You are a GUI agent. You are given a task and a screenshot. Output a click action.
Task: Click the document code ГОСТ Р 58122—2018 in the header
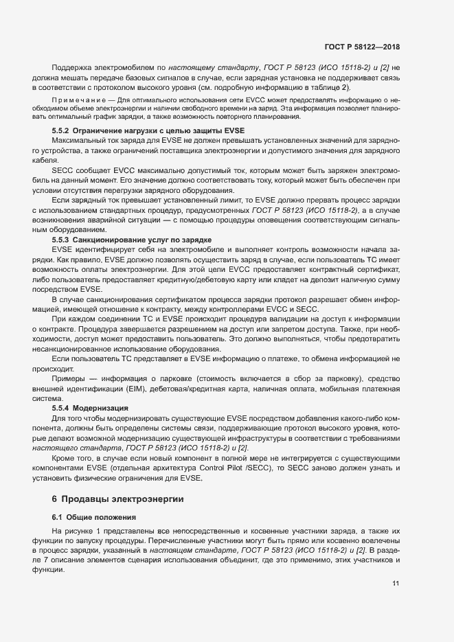pos(362,47)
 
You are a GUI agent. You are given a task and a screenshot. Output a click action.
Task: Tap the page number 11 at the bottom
pos(396,583)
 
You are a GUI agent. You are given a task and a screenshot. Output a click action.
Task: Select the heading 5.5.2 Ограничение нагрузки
pos(148,130)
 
